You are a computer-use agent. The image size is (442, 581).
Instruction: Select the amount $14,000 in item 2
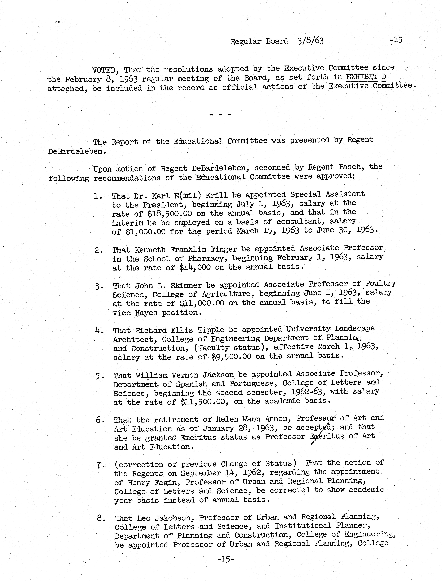[195, 267]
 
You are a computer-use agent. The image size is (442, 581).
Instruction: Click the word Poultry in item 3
[380, 284]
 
